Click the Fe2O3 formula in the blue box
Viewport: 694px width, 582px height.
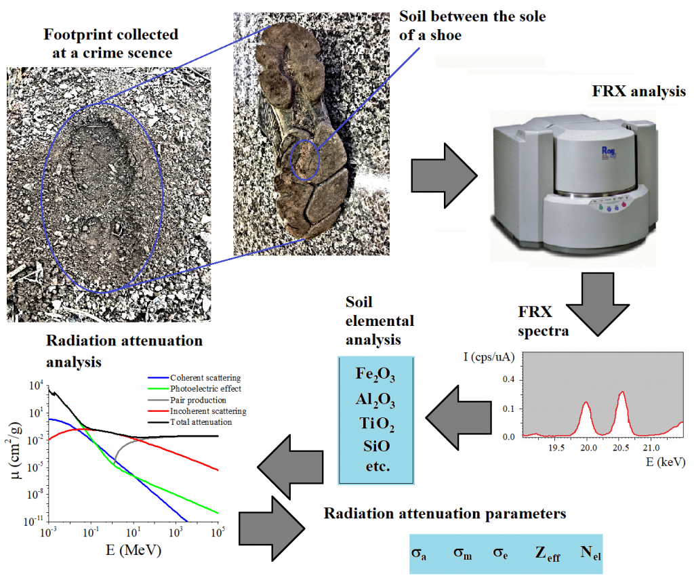(376, 375)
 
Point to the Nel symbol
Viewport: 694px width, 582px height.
(591, 555)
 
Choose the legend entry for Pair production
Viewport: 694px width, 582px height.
(198, 400)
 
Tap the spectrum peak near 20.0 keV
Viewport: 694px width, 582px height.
(586, 404)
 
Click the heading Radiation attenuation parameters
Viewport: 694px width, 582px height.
(444, 514)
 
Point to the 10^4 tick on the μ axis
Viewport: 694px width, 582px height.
(37, 386)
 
